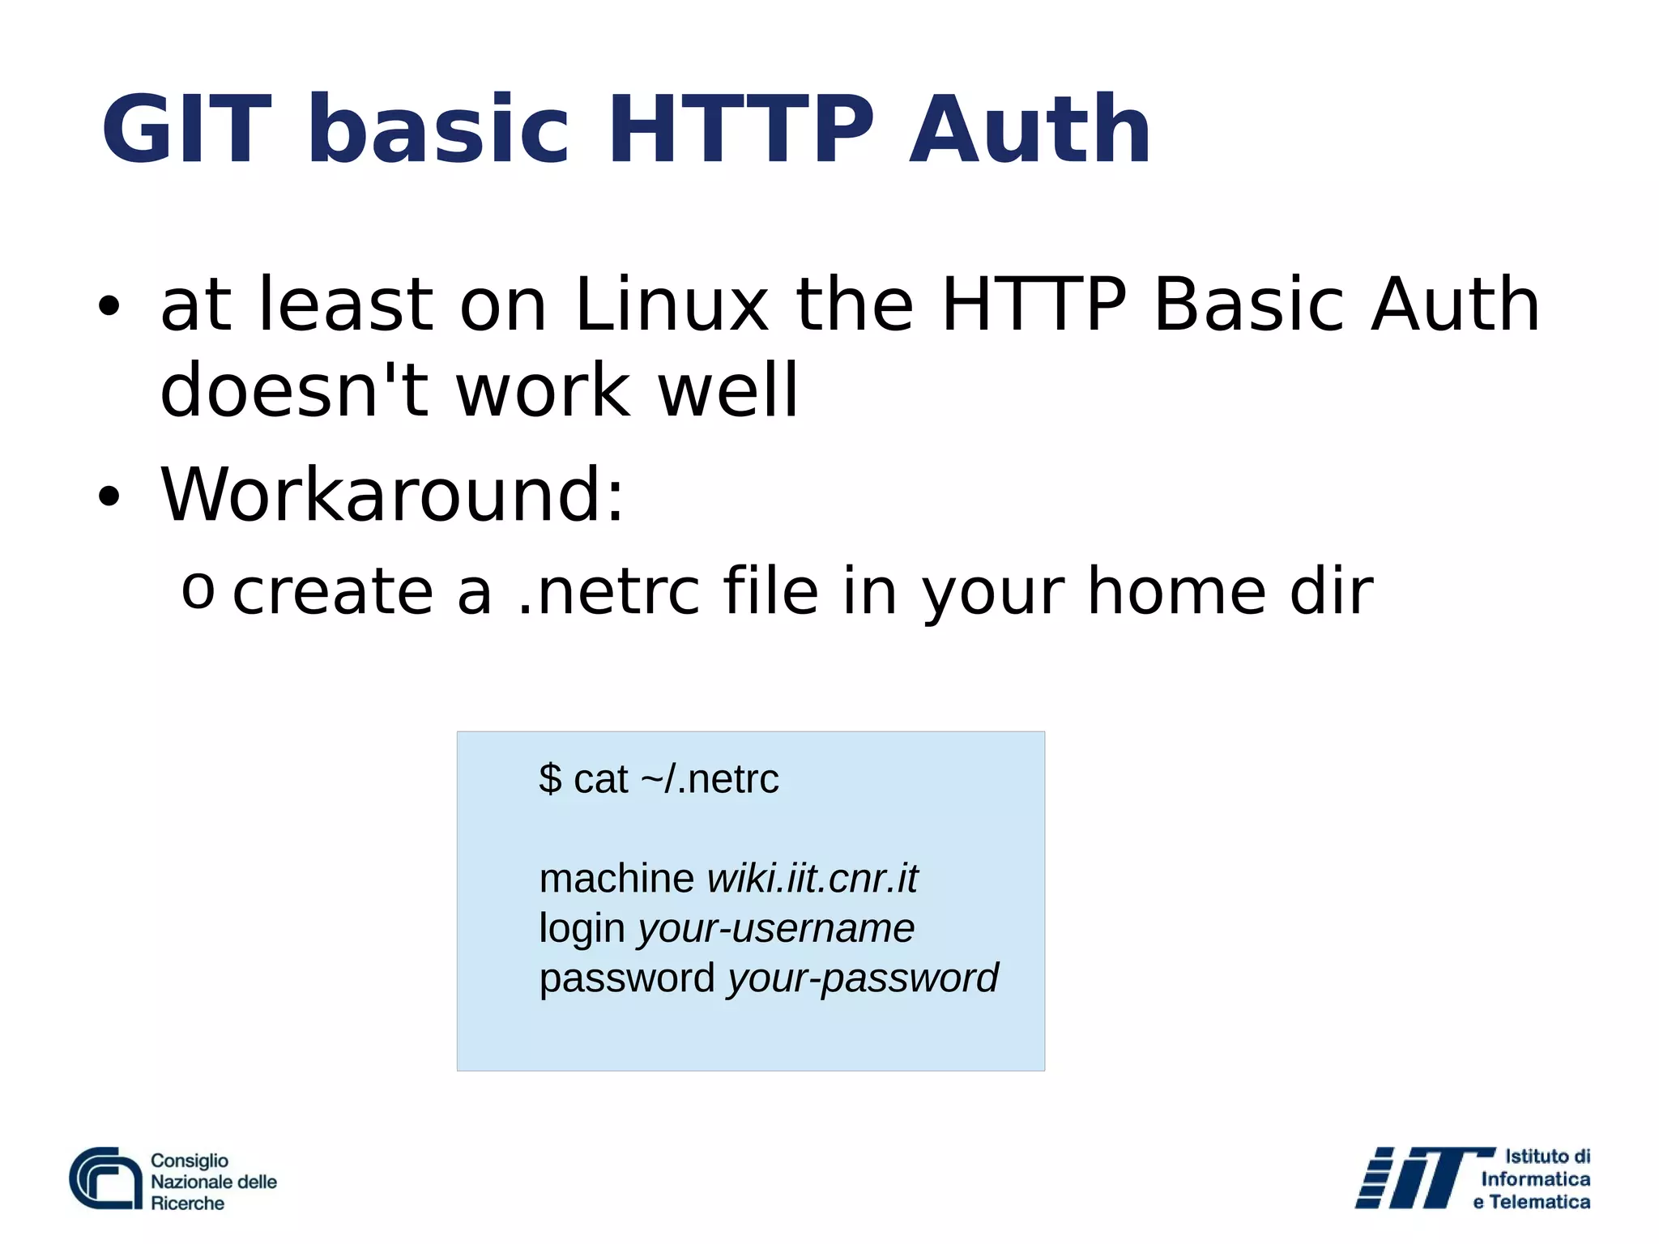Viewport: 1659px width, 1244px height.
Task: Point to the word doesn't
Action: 294,390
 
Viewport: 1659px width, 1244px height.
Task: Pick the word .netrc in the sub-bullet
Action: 608,591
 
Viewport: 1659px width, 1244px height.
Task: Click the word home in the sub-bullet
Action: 1175,591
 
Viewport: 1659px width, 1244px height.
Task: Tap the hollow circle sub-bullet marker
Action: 198,590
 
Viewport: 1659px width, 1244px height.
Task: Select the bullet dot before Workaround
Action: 108,496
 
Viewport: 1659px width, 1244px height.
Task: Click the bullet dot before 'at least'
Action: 108,307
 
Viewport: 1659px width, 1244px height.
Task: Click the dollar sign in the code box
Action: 550,779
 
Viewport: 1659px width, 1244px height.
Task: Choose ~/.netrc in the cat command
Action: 710,779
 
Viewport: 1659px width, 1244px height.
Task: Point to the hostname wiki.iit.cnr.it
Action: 812,879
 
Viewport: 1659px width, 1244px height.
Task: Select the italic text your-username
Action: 776,928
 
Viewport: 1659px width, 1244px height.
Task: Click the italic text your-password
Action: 863,978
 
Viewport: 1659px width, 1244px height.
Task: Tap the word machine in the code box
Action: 616,879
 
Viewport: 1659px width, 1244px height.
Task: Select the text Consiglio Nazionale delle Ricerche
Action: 213,1182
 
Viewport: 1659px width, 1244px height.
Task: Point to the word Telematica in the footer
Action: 1539,1203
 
